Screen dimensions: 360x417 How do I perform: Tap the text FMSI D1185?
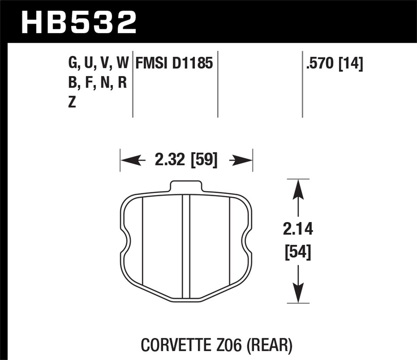tap(174, 63)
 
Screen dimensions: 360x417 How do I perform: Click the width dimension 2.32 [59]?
tap(186, 160)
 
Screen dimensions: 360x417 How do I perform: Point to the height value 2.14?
tap(298, 229)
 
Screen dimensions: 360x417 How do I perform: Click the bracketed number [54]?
tap(298, 252)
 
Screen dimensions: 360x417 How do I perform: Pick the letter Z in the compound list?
tap(72, 102)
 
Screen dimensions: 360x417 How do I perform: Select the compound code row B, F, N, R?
tap(97, 82)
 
